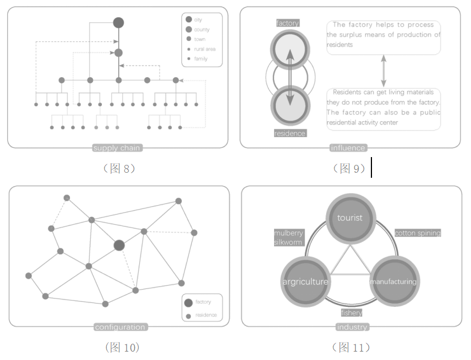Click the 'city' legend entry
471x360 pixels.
[x=198, y=20]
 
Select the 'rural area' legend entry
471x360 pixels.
[x=204, y=49]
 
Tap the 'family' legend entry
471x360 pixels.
[x=200, y=59]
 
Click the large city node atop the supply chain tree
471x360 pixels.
[x=119, y=23]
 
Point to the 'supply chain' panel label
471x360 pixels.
[x=117, y=148]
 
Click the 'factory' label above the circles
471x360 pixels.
[x=288, y=23]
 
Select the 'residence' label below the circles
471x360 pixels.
[x=290, y=134]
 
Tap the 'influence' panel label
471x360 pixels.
[x=348, y=148]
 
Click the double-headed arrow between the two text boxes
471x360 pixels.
[x=383, y=70]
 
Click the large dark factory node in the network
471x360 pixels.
[x=119, y=245]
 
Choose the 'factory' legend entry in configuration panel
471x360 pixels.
[x=203, y=302]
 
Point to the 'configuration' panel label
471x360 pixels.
[x=120, y=327]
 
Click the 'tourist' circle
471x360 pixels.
[x=350, y=218]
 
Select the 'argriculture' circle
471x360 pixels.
[x=305, y=281]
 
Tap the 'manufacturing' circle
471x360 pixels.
[x=393, y=281]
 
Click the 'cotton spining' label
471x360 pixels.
[x=417, y=233]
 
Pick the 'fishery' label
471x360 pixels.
[x=351, y=313]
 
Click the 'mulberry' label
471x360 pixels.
[x=288, y=233]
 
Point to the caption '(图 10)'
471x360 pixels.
[x=121, y=348]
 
